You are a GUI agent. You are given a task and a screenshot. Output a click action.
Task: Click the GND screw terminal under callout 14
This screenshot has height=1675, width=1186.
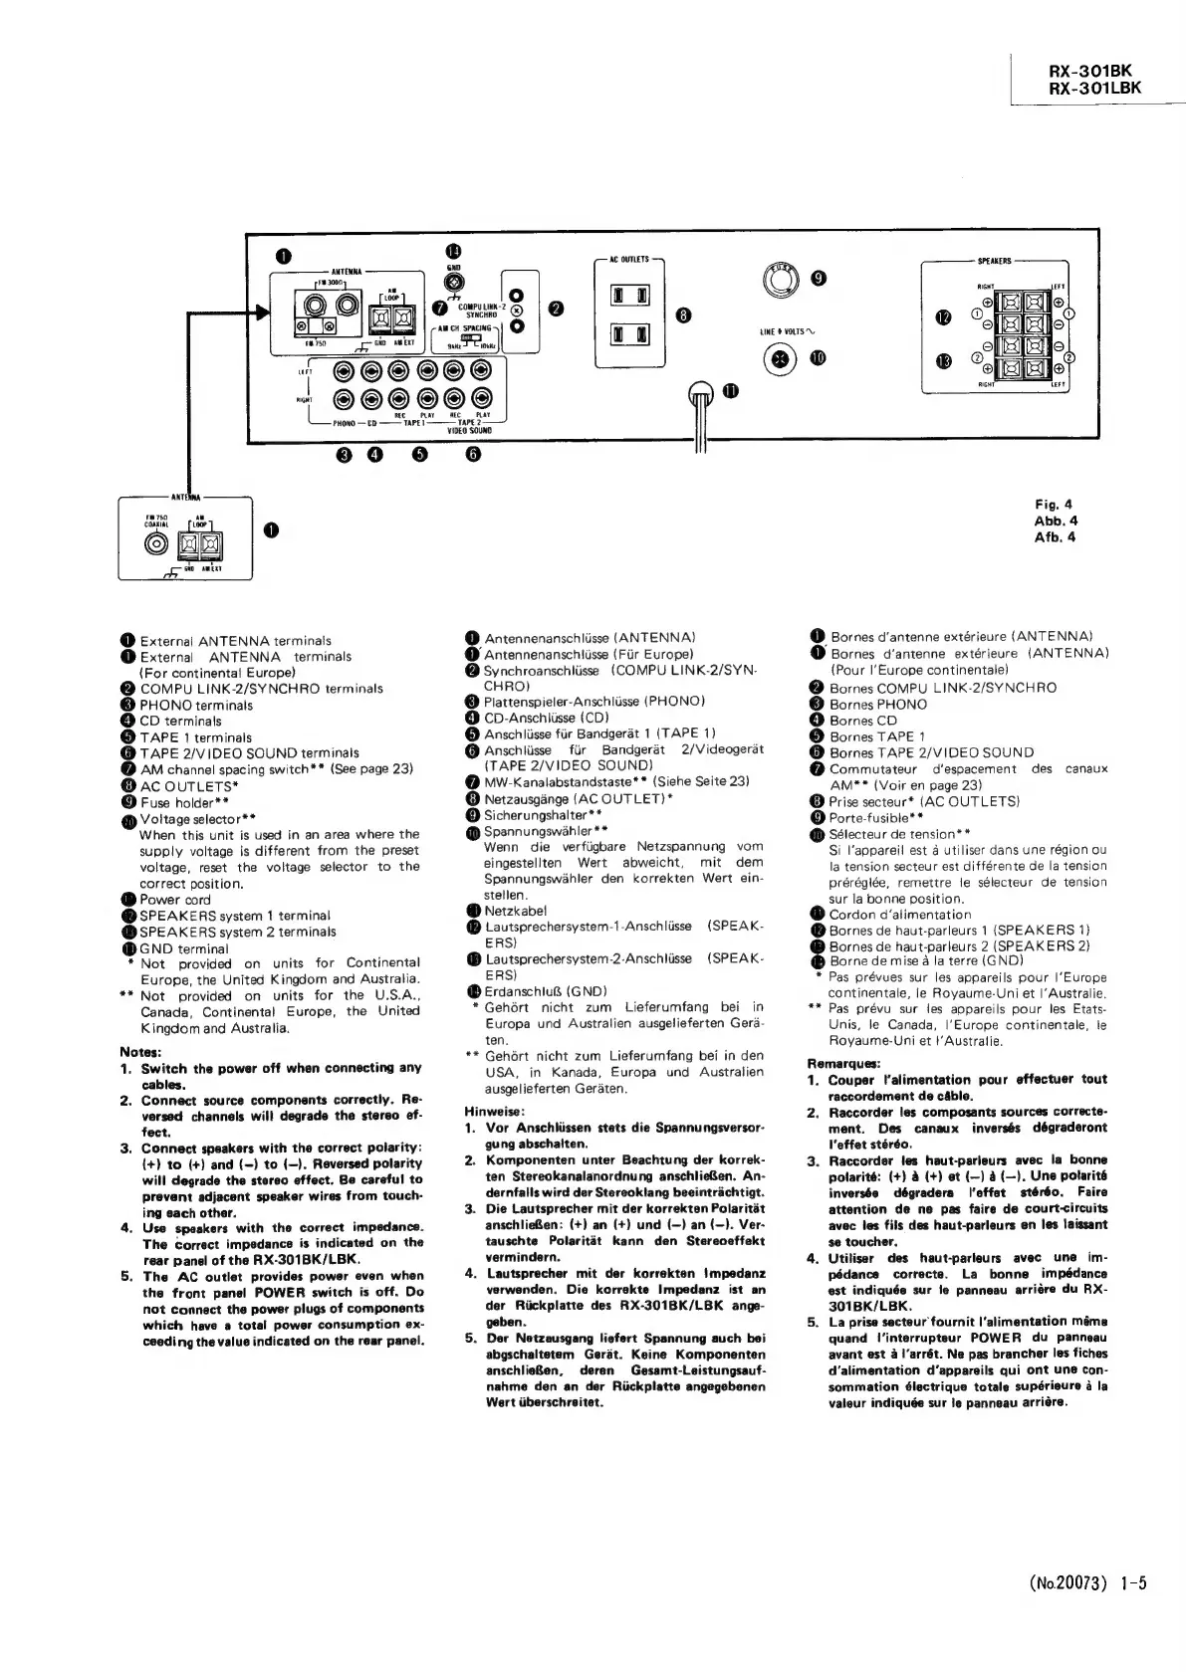point(454,281)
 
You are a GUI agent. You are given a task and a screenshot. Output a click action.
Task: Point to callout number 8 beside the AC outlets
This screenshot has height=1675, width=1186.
point(683,315)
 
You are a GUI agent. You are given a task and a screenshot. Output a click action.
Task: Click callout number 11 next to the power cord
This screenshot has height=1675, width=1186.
point(730,391)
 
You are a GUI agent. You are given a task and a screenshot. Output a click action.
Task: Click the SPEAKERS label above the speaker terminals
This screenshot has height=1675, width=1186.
point(994,261)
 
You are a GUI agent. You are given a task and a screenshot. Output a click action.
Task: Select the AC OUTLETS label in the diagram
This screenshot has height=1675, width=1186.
point(628,260)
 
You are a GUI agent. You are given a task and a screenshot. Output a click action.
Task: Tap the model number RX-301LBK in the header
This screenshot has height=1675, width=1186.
point(1095,88)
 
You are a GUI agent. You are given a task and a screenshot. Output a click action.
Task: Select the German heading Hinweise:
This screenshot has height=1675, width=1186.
point(494,1111)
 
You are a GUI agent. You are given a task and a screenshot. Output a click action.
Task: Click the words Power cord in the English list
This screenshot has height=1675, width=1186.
point(175,900)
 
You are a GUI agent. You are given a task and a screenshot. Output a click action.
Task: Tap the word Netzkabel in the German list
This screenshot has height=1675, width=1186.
point(515,911)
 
